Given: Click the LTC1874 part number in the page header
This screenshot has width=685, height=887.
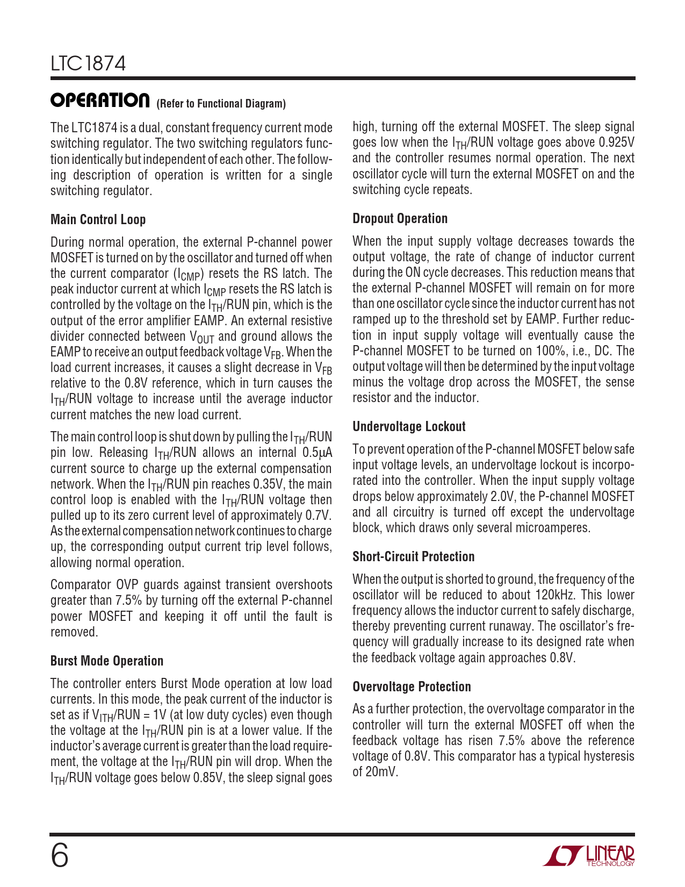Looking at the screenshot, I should (x=88, y=64).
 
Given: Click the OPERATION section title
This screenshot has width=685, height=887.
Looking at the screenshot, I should (x=100, y=101).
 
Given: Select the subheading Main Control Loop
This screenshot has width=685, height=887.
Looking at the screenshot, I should (x=98, y=219).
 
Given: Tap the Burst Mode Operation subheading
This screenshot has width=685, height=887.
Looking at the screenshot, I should (x=106, y=661).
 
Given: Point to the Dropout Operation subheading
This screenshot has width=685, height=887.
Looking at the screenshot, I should (x=400, y=218).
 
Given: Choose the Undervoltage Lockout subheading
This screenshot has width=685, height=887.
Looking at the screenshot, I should (x=409, y=426).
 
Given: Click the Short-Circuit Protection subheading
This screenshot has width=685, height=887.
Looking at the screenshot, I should (x=413, y=556).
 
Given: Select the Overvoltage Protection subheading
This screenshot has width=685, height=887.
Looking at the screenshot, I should (x=412, y=686).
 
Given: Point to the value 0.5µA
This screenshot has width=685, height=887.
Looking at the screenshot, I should (x=318, y=453).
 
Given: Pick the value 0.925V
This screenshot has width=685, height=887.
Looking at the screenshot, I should (x=616, y=142).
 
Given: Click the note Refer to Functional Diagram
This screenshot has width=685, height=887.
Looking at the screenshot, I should (x=221, y=104).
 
